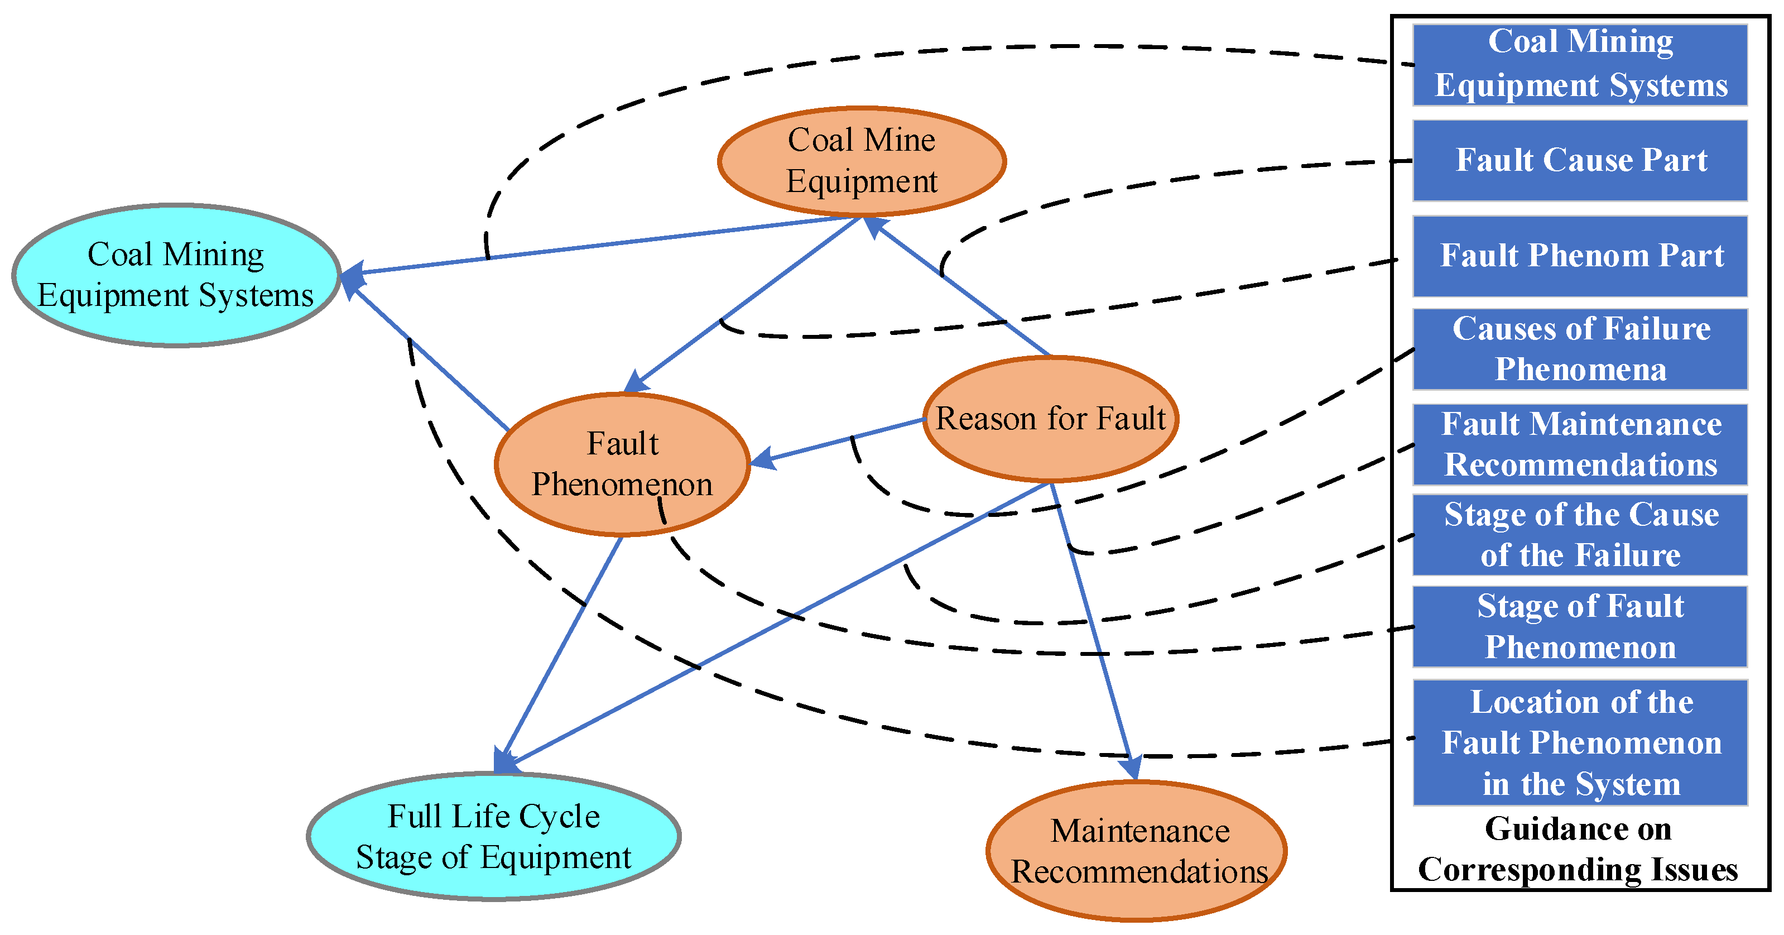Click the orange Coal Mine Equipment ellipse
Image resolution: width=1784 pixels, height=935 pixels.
tap(862, 161)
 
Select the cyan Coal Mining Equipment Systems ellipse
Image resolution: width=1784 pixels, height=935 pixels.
tap(176, 275)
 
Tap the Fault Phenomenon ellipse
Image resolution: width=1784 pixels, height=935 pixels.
tap(622, 464)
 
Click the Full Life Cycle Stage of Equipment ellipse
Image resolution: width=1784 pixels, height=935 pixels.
tap(493, 836)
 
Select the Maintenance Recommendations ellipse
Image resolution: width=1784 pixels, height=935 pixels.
tap(1137, 851)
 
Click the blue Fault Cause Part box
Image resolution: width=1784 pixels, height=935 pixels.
tap(1580, 161)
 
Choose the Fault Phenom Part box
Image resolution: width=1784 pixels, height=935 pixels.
tap(1580, 256)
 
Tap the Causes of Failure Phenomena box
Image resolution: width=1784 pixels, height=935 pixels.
tap(1580, 349)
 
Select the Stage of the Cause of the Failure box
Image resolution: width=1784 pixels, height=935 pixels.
tap(1580, 535)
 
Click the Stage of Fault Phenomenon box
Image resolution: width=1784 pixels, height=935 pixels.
tap(1580, 627)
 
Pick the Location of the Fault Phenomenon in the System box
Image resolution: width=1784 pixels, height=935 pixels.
tap(1580, 742)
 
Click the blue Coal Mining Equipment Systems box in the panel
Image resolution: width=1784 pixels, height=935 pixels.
tap(1580, 64)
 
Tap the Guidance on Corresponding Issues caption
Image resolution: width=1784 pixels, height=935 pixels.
tap(1578, 849)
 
